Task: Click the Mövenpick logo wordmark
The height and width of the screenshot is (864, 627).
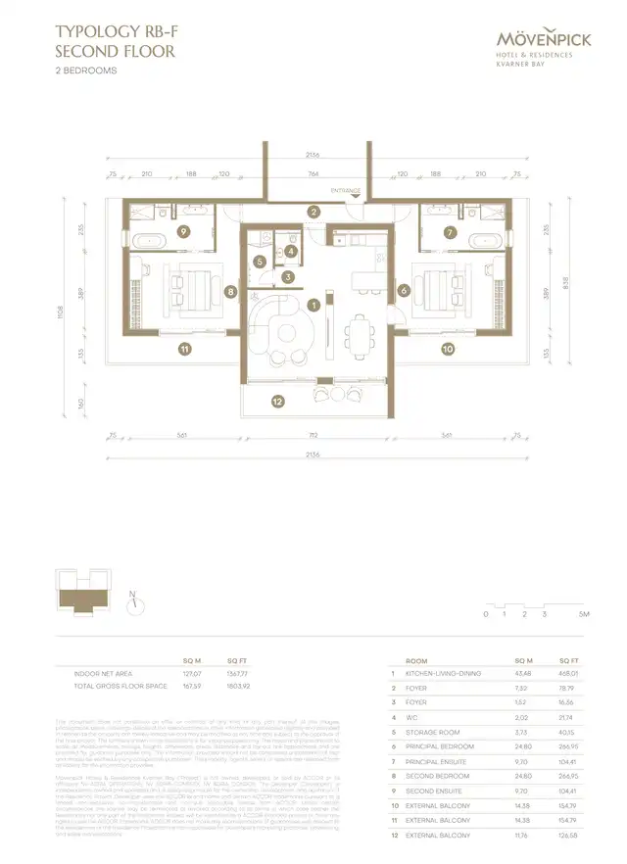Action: click(549, 40)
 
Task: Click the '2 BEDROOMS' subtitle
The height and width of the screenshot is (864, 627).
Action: click(86, 72)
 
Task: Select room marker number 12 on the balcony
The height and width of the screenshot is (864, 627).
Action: click(278, 401)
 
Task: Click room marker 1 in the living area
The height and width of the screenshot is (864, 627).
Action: click(313, 305)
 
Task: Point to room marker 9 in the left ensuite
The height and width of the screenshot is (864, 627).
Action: click(183, 232)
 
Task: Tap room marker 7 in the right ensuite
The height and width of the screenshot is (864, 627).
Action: click(449, 232)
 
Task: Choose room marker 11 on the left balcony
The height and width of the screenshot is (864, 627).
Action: click(183, 348)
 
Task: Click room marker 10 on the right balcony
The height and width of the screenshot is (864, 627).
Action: click(447, 348)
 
